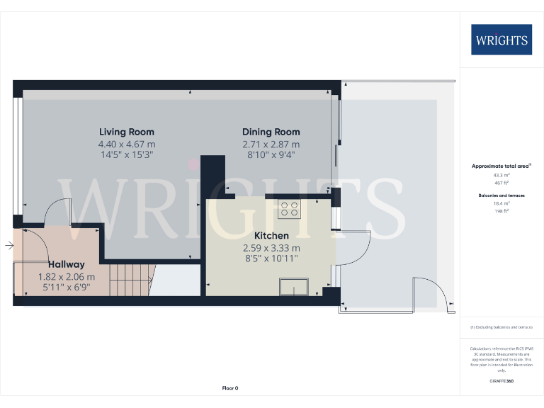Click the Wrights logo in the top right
click(x=501, y=40)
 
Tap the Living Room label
click(x=127, y=132)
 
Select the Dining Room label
click(x=271, y=132)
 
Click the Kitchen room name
click(x=271, y=236)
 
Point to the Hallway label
click(x=67, y=264)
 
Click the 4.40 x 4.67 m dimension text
click(x=127, y=144)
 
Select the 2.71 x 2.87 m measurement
click(x=271, y=144)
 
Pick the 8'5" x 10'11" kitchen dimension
click(x=271, y=259)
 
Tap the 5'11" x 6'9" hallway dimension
click(x=67, y=288)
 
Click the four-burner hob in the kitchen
click(x=290, y=209)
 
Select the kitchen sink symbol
click(x=294, y=287)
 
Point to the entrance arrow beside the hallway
click(x=8, y=246)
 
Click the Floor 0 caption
click(x=230, y=388)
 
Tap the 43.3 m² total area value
click(x=501, y=174)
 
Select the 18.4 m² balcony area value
click(x=501, y=203)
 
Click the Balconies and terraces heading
click(x=501, y=194)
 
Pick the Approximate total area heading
click(x=501, y=166)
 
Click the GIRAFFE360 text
click(x=501, y=381)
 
